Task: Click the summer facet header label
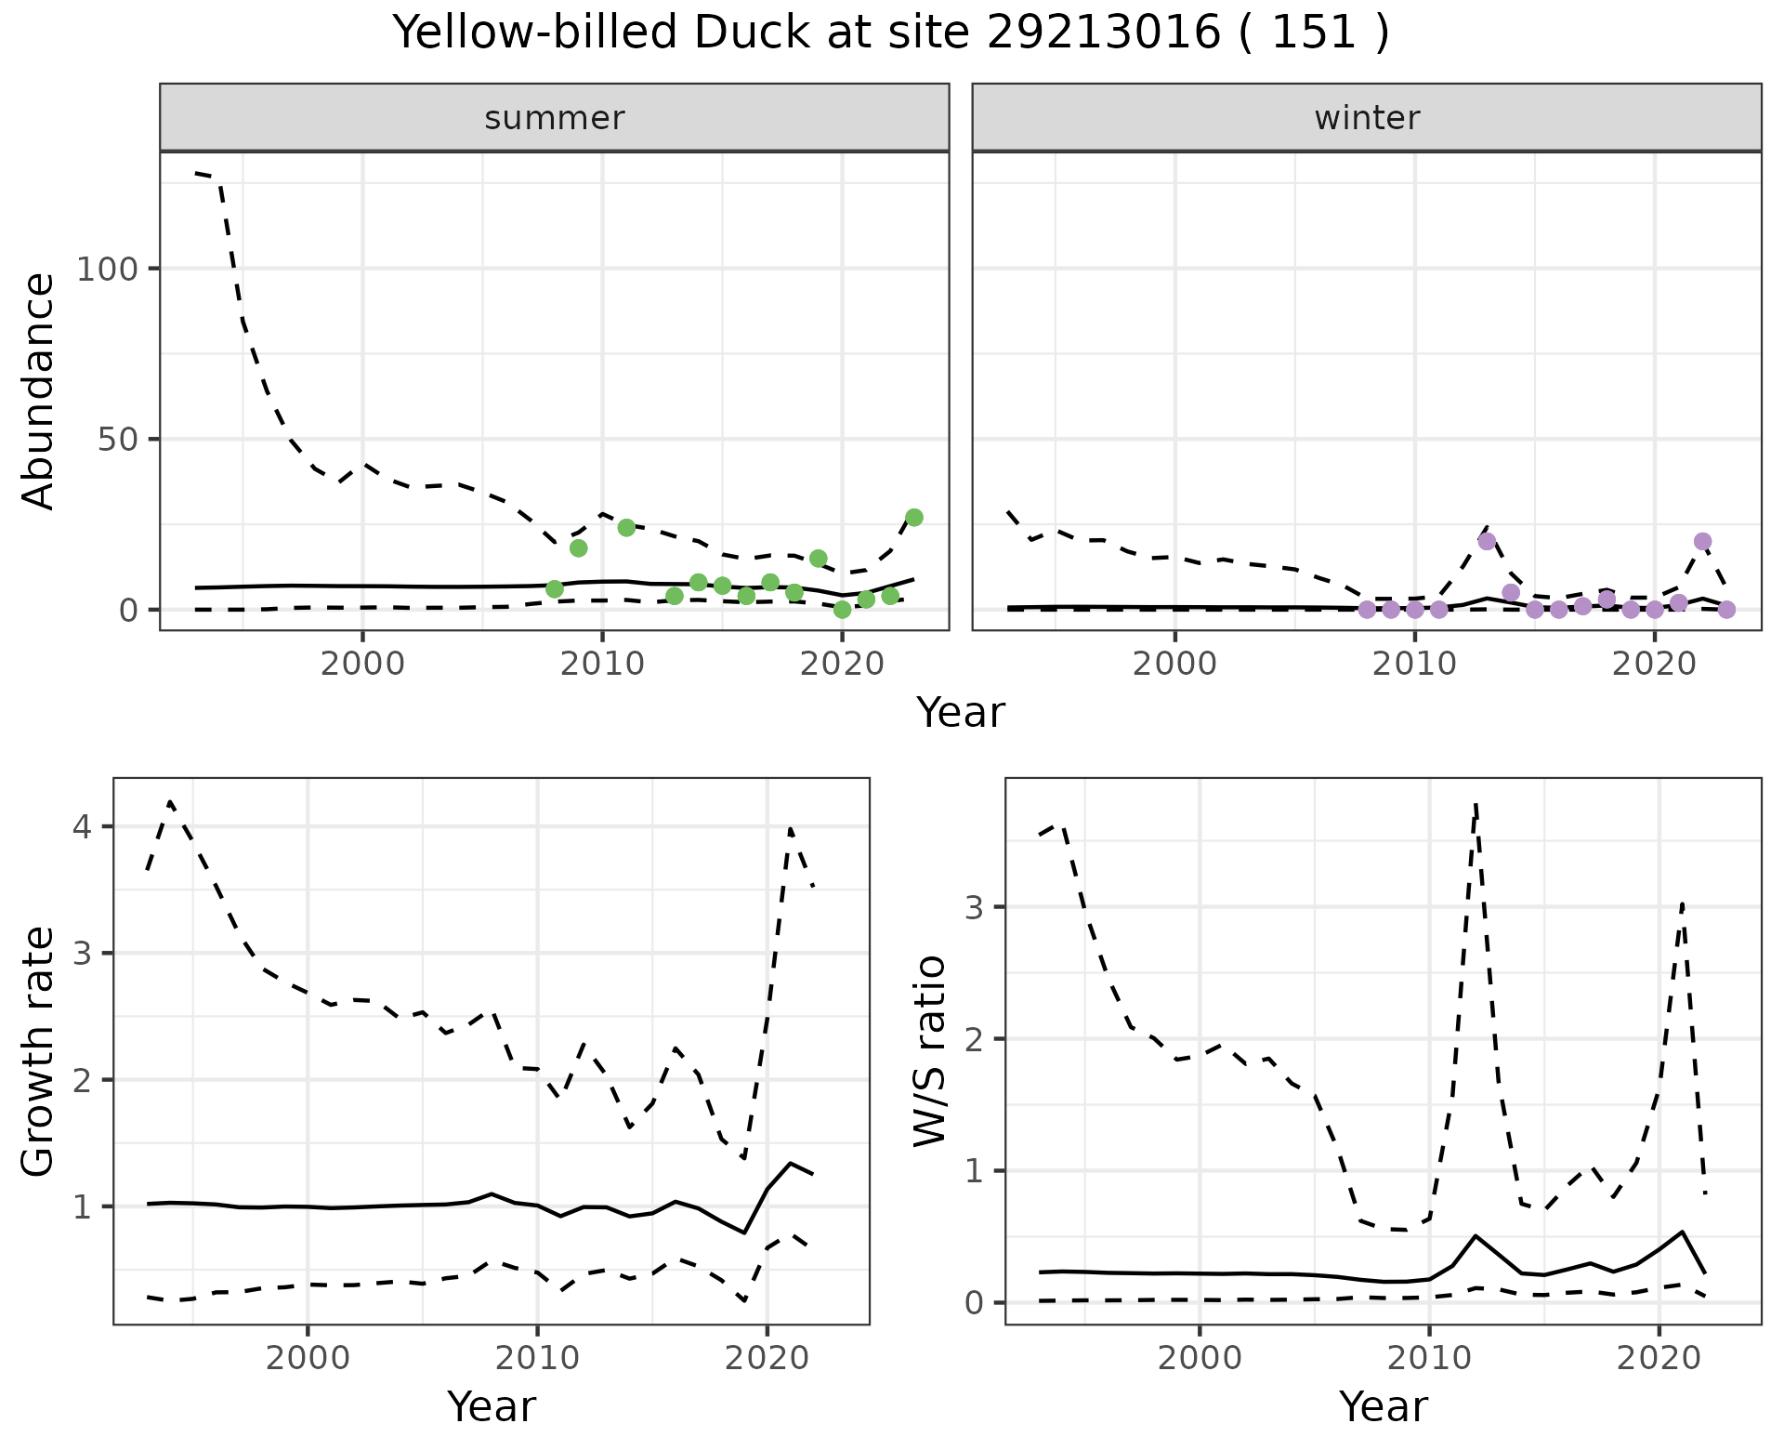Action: [554, 118]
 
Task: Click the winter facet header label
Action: [1366, 118]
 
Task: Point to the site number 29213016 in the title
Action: [1102, 33]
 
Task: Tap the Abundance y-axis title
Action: [39, 390]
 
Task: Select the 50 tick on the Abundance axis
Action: [119, 439]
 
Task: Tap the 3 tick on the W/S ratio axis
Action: [976, 907]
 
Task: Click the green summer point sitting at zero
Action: [842, 610]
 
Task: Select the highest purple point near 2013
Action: [1487, 541]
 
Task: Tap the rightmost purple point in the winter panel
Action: [1726, 610]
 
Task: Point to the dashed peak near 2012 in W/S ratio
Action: [1476, 807]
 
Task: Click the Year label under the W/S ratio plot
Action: [1383, 1407]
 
